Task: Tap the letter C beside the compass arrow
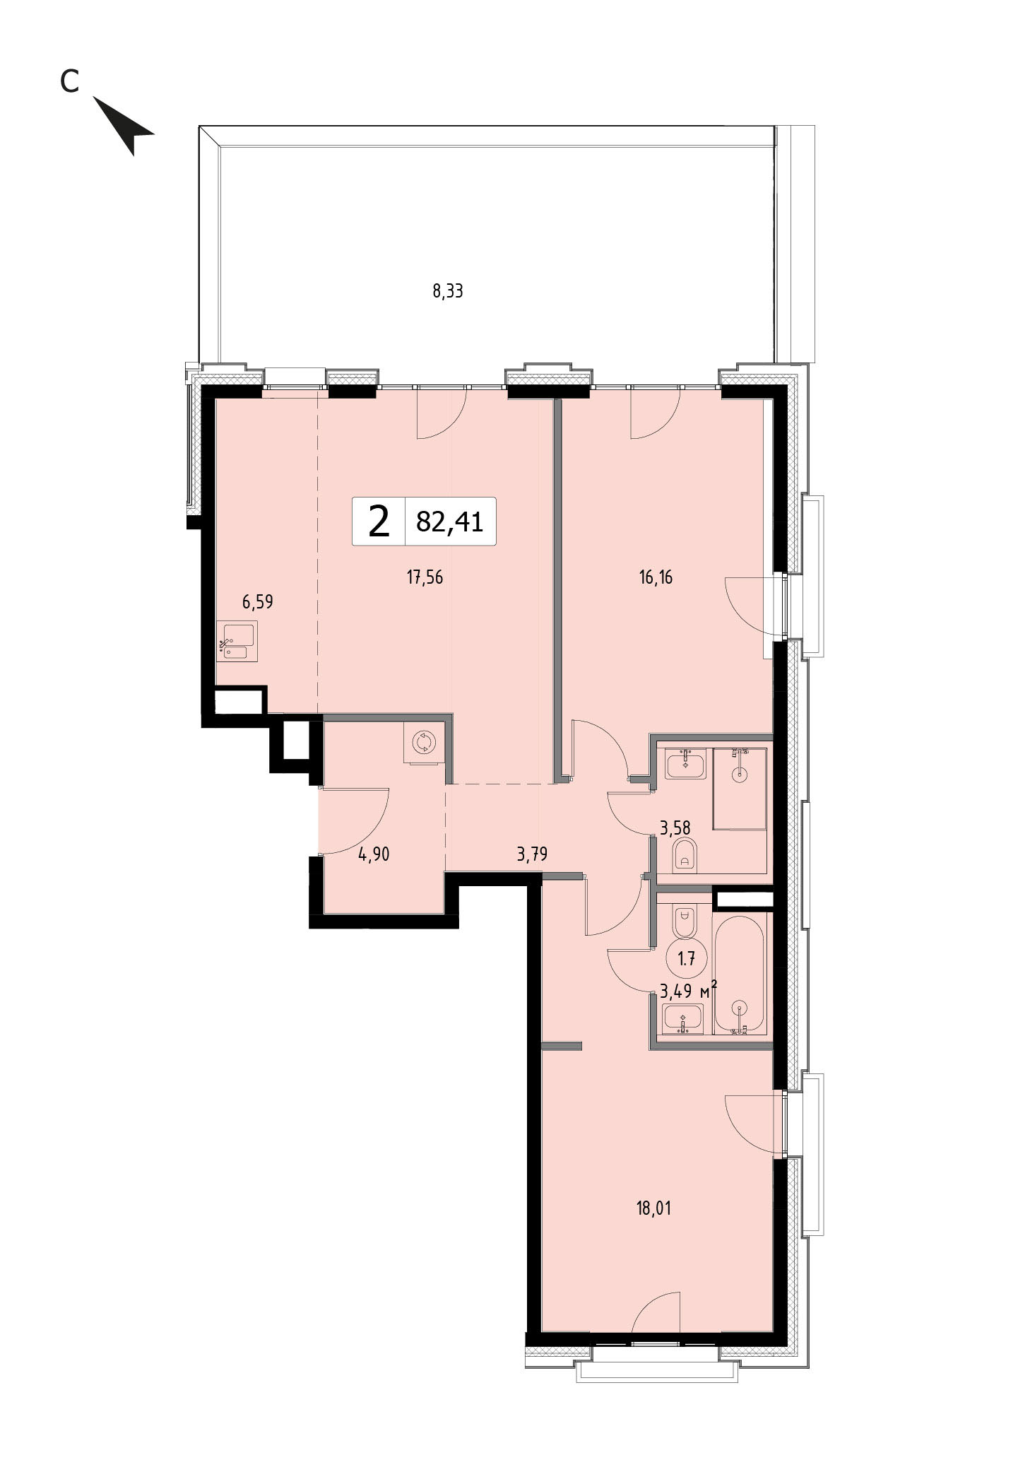pyautogui.click(x=69, y=82)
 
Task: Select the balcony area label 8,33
pyautogui.click(x=448, y=290)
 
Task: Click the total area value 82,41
pyautogui.click(x=450, y=522)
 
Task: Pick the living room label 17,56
pyautogui.click(x=425, y=577)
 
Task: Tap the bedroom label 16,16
pyautogui.click(x=656, y=577)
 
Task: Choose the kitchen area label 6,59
pyautogui.click(x=257, y=602)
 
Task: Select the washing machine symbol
pyautogui.click(x=425, y=743)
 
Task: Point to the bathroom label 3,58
pyautogui.click(x=675, y=827)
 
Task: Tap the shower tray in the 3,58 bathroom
pyautogui.click(x=740, y=787)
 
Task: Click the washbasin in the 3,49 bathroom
pyautogui.click(x=683, y=1018)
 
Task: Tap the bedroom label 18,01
pyautogui.click(x=654, y=1208)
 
